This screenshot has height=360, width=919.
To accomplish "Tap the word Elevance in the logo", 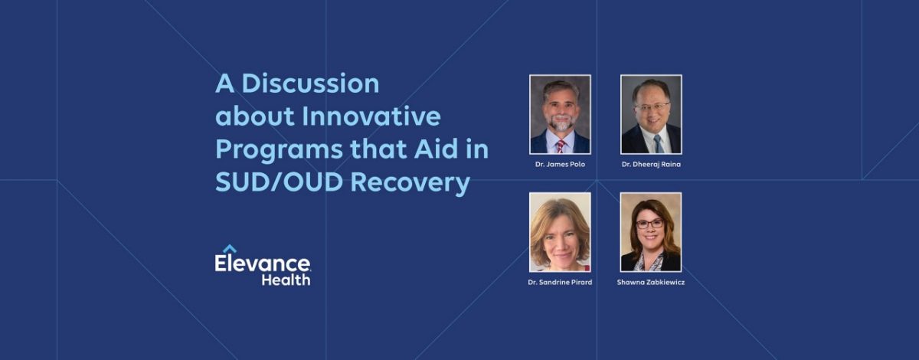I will pyautogui.click(x=263, y=264).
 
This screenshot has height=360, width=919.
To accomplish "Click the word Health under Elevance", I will pyautogui.click(x=286, y=280).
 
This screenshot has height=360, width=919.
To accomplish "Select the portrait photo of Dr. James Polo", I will pyautogui.click(x=560, y=114).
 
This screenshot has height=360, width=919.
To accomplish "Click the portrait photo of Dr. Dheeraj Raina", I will pyautogui.click(x=651, y=114).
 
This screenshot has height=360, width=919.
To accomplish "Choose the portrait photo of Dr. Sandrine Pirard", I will pyautogui.click(x=560, y=232).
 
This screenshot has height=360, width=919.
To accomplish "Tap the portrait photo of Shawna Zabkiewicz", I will pyautogui.click(x=651, y=232).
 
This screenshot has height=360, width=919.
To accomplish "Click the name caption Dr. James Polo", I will pyautogui.click(x=560, y=165).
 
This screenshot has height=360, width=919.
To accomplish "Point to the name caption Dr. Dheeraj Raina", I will pyautogui.click(x=651, y=165).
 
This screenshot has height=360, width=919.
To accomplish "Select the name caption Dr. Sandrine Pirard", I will pyautogui.click(x=560, y=283).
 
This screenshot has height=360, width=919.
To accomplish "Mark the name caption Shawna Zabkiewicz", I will pyautogui.click(x=651, y=283).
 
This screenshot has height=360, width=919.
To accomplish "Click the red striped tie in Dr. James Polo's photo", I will pyautogui.click(x=561, y=146).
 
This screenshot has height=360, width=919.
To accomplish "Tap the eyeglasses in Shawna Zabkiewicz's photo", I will pyautogui.click(x=650, y=224).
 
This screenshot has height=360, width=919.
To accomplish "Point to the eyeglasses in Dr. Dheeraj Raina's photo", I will pyautogui.click(x=650, y=106).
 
